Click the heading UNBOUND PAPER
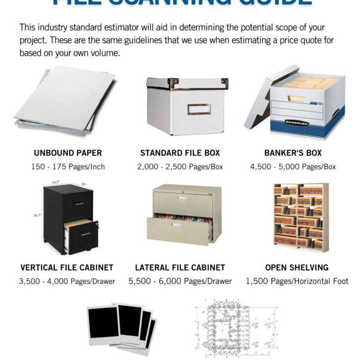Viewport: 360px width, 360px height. point(68,153)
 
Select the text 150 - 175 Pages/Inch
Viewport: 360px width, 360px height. point(68,167)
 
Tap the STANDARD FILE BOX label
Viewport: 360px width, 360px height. point(180,153)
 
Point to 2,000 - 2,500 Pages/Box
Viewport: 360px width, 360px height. point(180,167)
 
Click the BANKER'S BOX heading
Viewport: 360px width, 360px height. point(293,153)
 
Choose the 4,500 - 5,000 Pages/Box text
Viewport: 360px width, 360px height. point(293,167)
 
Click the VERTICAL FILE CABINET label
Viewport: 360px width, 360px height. point(67,268)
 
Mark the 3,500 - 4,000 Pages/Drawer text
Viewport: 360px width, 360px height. point(67,281)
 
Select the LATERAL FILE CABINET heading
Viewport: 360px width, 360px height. point(180,268)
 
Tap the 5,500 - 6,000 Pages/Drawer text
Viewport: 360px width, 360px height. point(180,281)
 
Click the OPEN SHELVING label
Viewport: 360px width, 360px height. point(297,268)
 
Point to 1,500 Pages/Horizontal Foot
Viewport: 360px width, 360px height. point(297,281)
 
